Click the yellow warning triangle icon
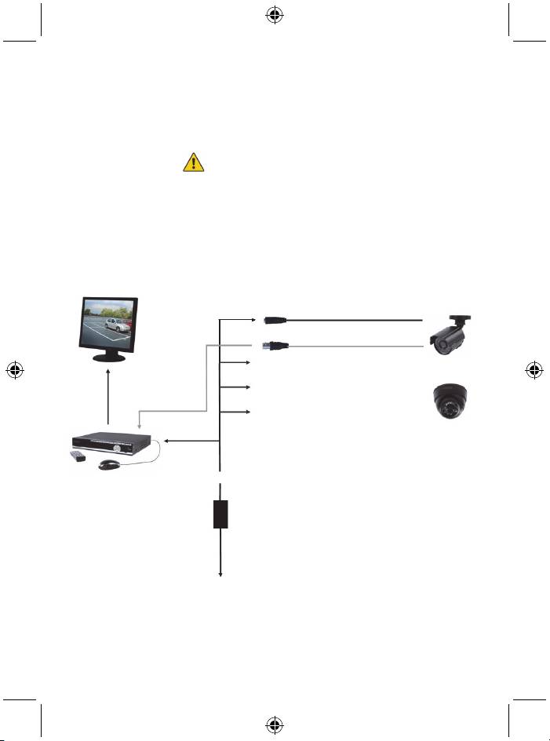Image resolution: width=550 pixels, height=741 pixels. pyautogui.click(x=193, y=162)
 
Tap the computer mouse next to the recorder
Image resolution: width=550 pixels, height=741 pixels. pyautogui.click(x=107, y=464)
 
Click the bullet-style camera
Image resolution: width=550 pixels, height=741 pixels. pyautogui.click(x=450, y=335)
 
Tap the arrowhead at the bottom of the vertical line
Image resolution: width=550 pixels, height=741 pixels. pyautogui.click(x=220, y=576)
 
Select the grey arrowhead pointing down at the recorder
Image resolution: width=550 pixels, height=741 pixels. pyautogui.click(x=139, y=427)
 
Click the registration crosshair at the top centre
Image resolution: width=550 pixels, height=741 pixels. pyautogui.click(x=275, y=15)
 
